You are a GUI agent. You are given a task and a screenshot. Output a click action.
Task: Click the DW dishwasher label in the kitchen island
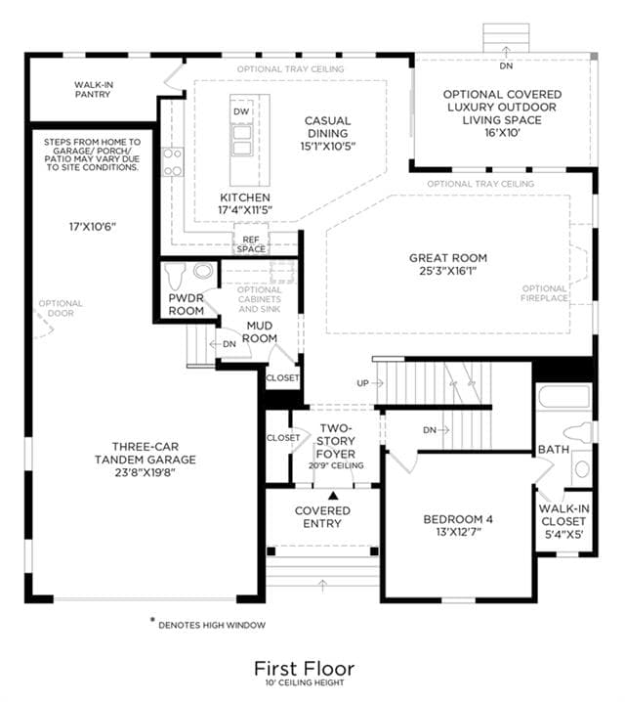[241, 111]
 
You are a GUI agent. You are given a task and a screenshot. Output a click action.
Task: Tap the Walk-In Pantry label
[93, 90]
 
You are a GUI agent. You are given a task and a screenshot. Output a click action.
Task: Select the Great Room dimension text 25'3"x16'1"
[448, 271]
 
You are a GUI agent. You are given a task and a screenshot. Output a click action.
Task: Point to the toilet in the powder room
[175, 276]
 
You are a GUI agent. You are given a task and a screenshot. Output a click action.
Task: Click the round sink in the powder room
[203, 271]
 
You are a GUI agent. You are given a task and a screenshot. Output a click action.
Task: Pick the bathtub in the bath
[564, 397]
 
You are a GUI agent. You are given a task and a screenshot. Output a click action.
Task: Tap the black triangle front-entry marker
[333, 495]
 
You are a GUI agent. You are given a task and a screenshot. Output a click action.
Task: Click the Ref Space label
[251, 244]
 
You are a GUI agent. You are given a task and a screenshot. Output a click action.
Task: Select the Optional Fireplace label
[545, 293]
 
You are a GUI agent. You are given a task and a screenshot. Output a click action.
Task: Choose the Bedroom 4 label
[458, 519]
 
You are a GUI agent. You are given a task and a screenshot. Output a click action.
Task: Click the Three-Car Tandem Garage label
[146, 453]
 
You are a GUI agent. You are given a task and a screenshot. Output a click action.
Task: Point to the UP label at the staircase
[362, 383]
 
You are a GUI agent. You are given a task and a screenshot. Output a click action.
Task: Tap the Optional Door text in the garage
[61, 308]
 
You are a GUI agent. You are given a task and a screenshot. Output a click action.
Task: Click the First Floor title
[305, 669]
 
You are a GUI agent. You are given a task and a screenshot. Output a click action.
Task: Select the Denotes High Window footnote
[212, 625]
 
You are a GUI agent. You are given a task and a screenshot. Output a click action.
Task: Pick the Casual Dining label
[328, 127]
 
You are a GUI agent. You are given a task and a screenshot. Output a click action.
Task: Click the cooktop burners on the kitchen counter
[173, 162]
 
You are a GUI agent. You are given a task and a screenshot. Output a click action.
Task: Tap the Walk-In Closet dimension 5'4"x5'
[563, 535]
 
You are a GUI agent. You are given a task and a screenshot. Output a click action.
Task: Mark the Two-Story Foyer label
[336, 441]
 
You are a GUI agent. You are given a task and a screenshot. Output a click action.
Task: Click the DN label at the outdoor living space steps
[506, 66]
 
